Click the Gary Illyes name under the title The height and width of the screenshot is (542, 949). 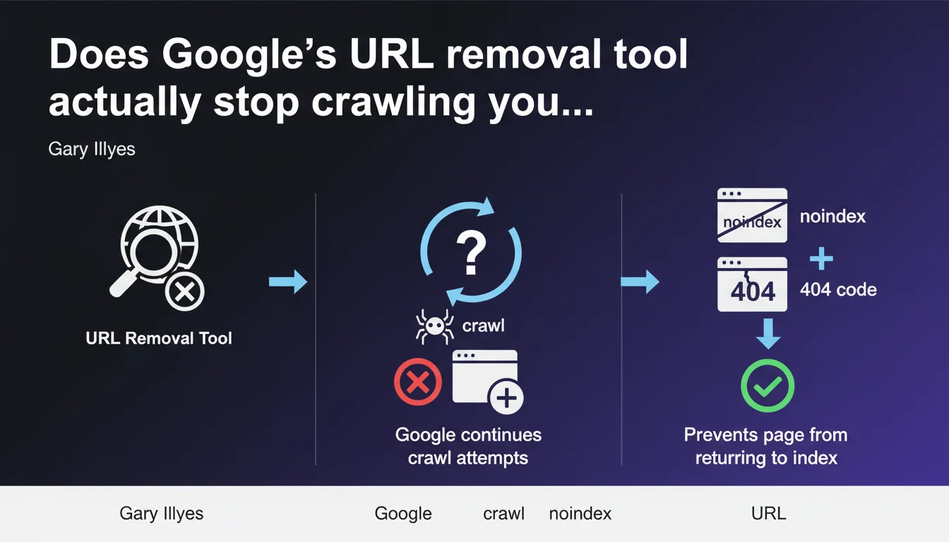[92, 149]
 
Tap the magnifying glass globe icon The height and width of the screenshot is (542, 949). [157, 258]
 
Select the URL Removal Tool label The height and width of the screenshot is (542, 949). [159, 338]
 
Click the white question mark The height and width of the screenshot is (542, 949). [471, 253]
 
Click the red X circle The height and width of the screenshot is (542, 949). [418, 382]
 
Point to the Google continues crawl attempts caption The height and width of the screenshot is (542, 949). [468, 446]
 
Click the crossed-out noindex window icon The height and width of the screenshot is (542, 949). [752, 215]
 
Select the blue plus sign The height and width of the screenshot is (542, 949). [821, 258]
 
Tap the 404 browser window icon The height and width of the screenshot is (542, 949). [752, 284]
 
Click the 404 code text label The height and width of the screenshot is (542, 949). [838, 289]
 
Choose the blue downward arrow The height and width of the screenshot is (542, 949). [768, 334]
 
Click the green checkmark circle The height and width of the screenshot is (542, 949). [768, 386]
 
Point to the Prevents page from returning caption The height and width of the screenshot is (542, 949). [766, 446]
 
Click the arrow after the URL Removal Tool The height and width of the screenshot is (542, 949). [288, 282]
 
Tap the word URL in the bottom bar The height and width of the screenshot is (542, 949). [768, 513]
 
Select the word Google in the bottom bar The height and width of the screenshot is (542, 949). [403, 514]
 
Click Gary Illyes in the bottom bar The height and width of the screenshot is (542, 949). [162, 514]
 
